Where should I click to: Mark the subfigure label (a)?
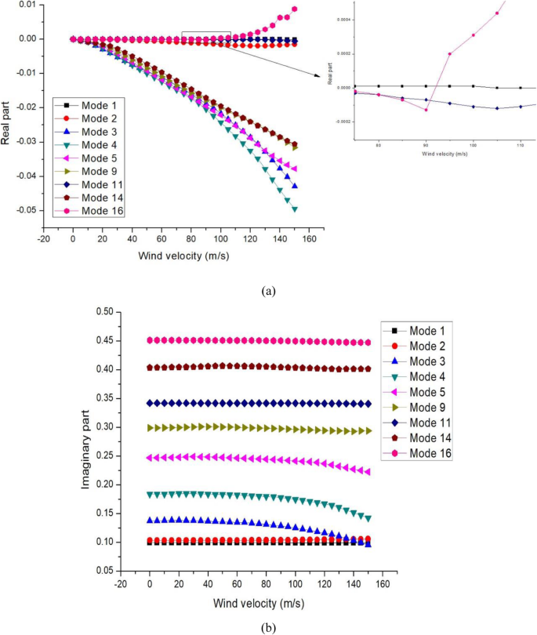[269, 291]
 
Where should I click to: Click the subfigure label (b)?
[269, 627]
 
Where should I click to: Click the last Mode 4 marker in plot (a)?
[295, 209]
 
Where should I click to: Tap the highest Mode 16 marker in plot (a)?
[295, 9]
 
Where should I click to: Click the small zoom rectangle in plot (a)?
[206, 36]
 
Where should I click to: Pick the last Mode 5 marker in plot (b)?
[368, 472]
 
